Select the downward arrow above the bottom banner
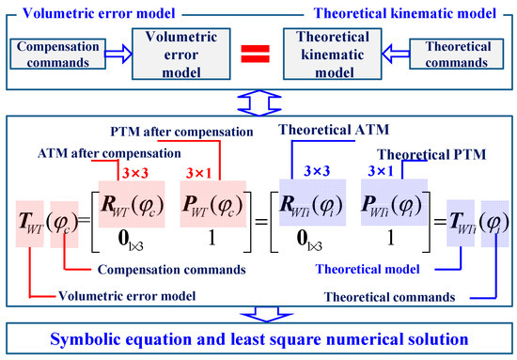(258, 314)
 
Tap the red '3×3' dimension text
(132, 173)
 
